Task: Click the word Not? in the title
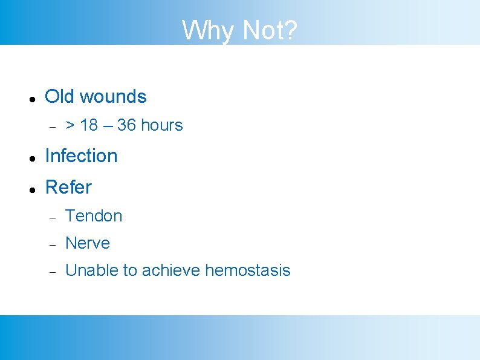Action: pyautogui.click(x=269, y=30)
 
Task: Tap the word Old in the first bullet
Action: pyautogui.click(x=60, y=96)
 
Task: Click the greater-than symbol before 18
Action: pyautogui.click(x=70, y=125)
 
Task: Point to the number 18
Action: pyautogui.click(x=88, y=125)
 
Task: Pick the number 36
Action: pyautogui.click(x=126, y=125)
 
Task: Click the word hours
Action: pyautogui.click(x=161, y=125)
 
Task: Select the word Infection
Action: pyautogui.click(x=81, y=155)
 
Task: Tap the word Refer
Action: pyautogui.click(x=68, y=187)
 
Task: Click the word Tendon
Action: pyautogui.click(x=94, y=215)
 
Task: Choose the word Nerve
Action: pyautogui.click(x=88, y=243)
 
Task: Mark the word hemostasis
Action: pyautogui.click(x=248, y=270)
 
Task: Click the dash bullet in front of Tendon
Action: pyautogui.click(x=53, y=217)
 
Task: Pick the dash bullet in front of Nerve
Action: pyautogui.click(x=53, y=244)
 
